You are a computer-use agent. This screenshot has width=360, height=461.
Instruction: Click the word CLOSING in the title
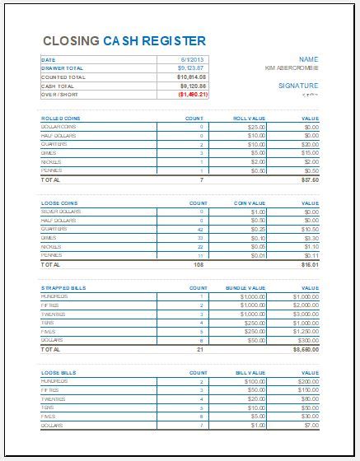[x=69, y=40]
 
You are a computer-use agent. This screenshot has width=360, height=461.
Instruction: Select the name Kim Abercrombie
[x=292, y=68]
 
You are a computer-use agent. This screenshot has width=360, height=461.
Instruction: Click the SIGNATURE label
[x=297, y=85]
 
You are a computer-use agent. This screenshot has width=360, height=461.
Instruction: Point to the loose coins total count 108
[x=198, y=265]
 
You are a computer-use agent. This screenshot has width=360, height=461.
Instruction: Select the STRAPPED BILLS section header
[x=63, y=287]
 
